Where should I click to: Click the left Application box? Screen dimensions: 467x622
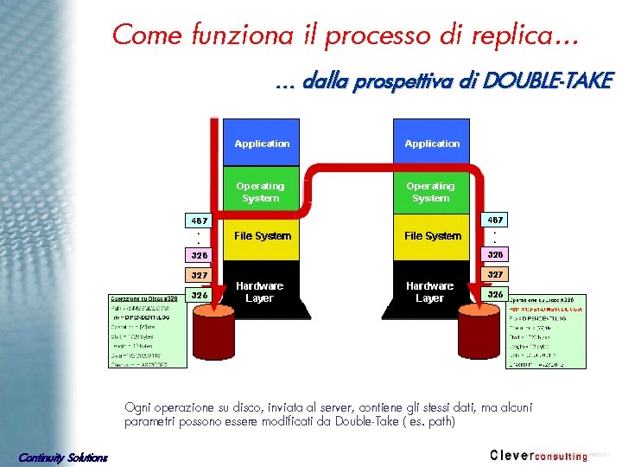(262, 143)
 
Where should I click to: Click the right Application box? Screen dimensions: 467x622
(432, 143)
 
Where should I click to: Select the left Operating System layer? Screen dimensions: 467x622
(261, 192)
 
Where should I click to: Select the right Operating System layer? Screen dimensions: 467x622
(430, 192)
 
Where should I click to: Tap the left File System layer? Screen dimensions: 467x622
(263, 236)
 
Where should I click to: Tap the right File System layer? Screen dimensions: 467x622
(432, 236)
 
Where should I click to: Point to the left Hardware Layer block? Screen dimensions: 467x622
(259, 291)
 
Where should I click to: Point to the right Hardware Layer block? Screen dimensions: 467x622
(429, 291)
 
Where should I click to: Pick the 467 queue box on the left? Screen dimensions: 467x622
(199, 221)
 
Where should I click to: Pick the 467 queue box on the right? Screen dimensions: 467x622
(495, 221)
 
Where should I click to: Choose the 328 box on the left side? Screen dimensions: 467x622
(199, 255)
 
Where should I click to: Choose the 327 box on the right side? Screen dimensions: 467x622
(495, 273)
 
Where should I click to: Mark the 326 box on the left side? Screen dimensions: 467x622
(199, 295)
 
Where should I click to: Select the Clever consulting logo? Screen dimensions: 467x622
(538, 455)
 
